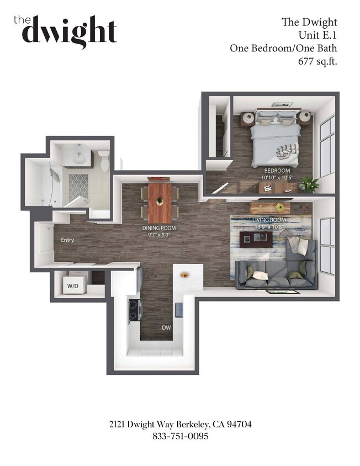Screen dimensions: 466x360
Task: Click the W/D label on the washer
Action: click(x=72, y=286)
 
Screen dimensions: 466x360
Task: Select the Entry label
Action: click(x=68, y=240)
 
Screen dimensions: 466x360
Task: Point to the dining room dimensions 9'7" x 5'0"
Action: click(x=159, y=234)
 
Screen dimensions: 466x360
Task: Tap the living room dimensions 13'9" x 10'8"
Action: click(x=267, y=226)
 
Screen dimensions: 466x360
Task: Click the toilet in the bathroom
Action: click(x=103, y=159)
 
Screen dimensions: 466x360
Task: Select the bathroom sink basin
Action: click(x=80, y=157)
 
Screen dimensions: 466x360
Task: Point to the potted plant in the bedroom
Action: click(x=310, y=184)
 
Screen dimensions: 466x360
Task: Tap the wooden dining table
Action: click(x=160, y=202)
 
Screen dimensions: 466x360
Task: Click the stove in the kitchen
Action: click(x=134, y=310)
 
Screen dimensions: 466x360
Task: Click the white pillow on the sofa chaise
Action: click(x=298, y=246)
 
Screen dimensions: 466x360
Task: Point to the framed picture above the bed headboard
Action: click(x=283, y=104)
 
